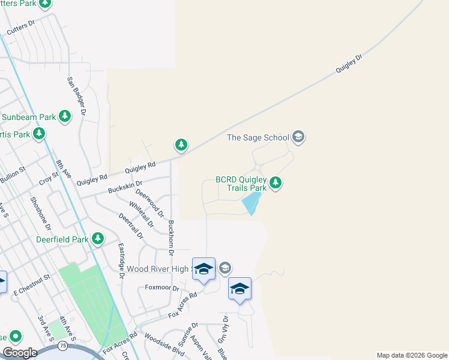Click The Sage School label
(x=258, y=137)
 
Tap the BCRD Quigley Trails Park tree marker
(x=276, y=182)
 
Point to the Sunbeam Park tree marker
(x=65, y=116)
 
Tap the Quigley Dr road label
(x=349, y=64)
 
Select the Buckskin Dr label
(x=125, y=187)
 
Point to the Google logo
(x=20, y=353)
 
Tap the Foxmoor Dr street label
(x=163, y=288)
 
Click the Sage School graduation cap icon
(x=298, y=137)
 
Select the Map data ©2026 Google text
(x=412, y=355)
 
